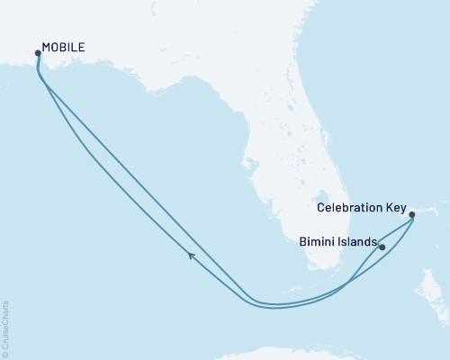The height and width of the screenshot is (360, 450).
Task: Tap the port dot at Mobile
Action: pos(37,53)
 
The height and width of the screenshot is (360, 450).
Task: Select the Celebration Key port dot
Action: pos(411,215)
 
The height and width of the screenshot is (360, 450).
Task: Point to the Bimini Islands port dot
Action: pos(382,247)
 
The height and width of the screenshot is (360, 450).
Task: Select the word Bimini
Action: pos(316,241)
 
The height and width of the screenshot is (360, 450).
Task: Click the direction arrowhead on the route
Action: pos(192,257)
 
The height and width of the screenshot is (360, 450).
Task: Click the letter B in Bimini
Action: pos(302,241)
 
